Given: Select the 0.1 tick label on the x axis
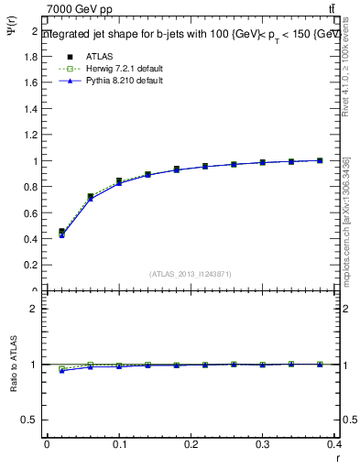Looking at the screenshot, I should pos(118,446).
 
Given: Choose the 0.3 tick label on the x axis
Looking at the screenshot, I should pos(262,446).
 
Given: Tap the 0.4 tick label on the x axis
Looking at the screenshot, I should pos(334,446).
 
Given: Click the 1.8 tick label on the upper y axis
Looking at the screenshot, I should pos(30,57).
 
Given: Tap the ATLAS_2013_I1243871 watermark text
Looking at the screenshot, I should pos(191,274).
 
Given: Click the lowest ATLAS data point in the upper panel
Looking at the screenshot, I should pos(61,232).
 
